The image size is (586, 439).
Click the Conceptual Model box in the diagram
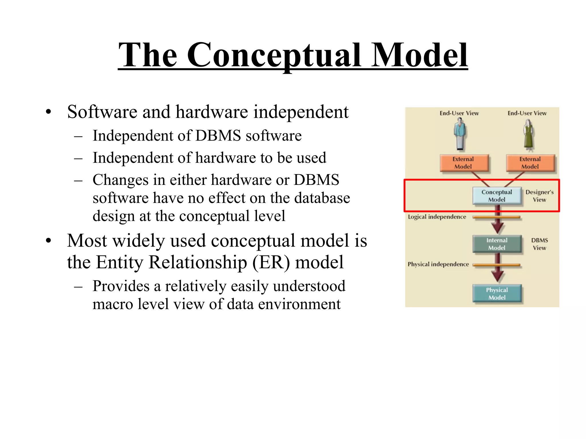tap(497, 196)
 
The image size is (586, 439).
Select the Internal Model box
tap(497, 244)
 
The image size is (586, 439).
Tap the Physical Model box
tap(497, 294)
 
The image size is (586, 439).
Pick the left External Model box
tap(464, 163)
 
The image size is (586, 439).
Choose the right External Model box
tap(530, 163)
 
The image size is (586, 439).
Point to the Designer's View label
tap(539, 196)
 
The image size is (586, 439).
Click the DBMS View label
tap(539, 244)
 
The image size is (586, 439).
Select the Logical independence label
tap(437, 217)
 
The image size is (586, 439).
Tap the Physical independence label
tap(438, 264)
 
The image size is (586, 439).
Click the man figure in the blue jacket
tap(460, 134)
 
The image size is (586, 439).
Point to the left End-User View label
tap(459, 113)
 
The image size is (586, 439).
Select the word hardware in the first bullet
tap(211, 112)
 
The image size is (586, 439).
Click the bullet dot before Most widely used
tap(48, 241)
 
